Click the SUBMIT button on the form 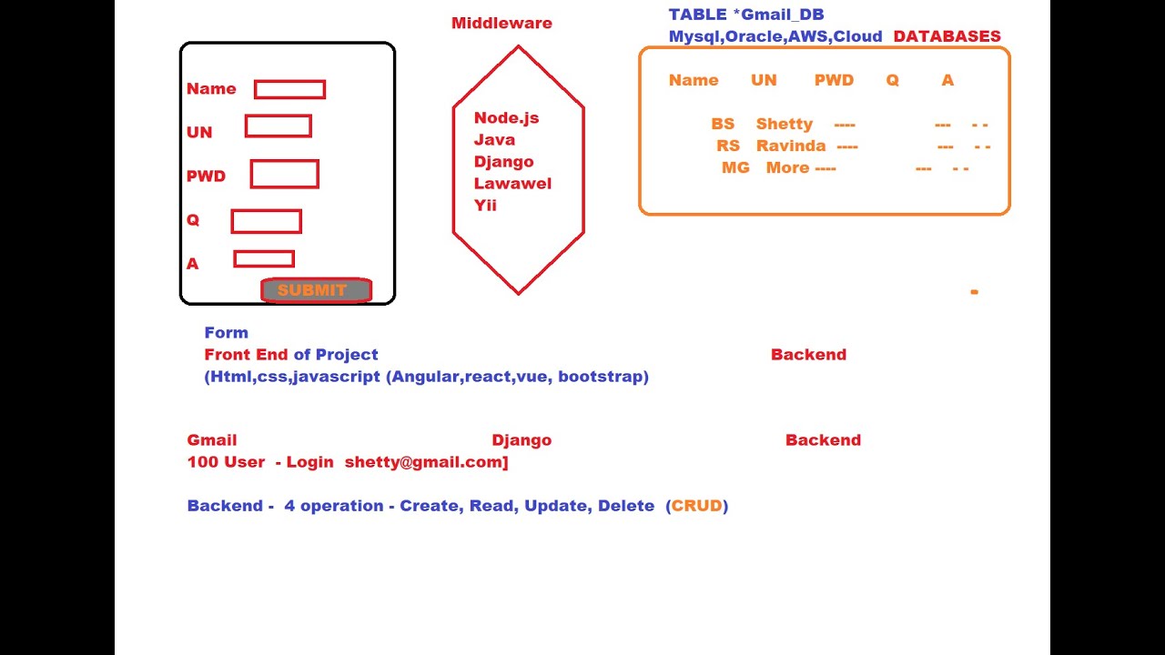(x=316, y=290)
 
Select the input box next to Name (x=289, y=89)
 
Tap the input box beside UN (x=279, y=126)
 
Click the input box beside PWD (x=285, y=174)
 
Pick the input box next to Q (x=266, y=221)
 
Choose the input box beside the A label (x=264, y=259)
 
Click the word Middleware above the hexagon (x=501, y=24)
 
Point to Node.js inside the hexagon (x=506, y=118)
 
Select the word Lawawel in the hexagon (x=512, y=184)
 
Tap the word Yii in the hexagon (x=485, y=206)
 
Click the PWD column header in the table (x=834, y=81)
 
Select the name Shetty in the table (x=784, y=125)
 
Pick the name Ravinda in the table (x=791, y=146)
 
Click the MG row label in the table (x=735, y=168)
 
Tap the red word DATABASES (x=947, y=37)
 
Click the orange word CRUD (x=697, y=506)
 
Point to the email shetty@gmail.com (x=424, y=462)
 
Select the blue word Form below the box (x=227, y=333)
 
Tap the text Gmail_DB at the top (x=783, y=15)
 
